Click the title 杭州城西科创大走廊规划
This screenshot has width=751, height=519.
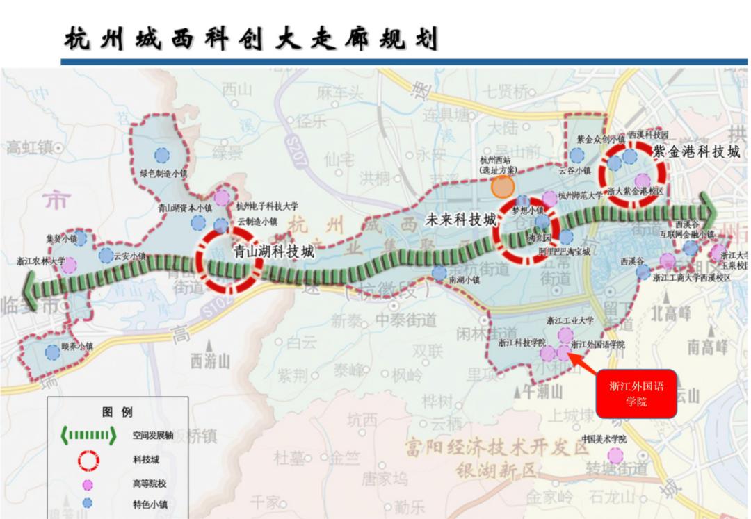pyautogui.click(x=251, y=40)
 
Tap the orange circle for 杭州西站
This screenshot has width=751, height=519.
pyautogui.click(x=502, y=186)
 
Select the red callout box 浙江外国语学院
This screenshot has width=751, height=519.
pyautogui.click(x=636, y=393)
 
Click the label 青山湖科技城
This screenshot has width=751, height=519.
pyautogui.click(x=273, y=252)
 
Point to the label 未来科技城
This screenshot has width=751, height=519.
pyautogui.click(x=460, y=220)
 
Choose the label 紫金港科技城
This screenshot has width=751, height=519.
pyautogui.click(x=696, y=151)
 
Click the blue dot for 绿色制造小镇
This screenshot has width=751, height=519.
pyautogui.click(x=161, y=155)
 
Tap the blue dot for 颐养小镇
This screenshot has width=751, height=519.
pyautogui.click(x=53, y=352)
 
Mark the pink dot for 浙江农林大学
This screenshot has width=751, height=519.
pyautogui.click(x=69, y=265)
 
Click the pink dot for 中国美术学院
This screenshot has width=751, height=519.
pyautogui.click(x=615, y=455)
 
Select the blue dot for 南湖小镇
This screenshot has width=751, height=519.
pyautogui.click(x=439, y=273)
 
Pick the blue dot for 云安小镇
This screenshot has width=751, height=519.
pyautogui.click(x=106, y=255)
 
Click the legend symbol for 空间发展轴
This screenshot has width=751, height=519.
pyautogui.click(x=88, y=436)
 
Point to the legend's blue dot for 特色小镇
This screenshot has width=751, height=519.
pyautogui.click(x=88, y=503)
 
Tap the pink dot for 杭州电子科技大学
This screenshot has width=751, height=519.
pyautogui.click(x=221, y=197)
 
